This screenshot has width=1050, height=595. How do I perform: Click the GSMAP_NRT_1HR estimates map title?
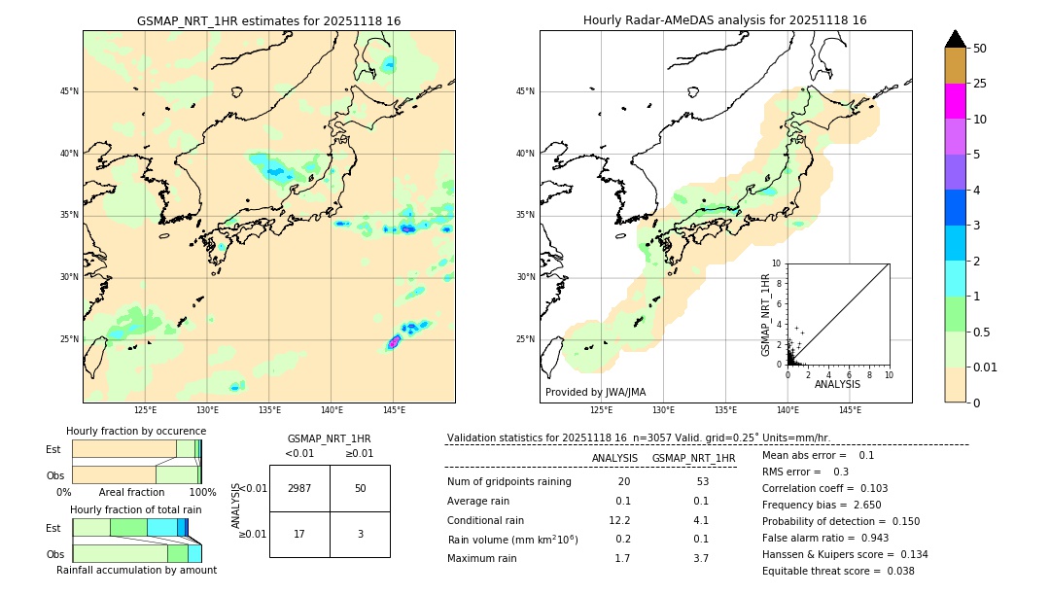(x=268, y=20)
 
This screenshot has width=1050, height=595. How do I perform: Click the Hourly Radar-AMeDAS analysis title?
(x=724, y=20)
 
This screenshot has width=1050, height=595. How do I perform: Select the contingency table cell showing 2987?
(x=299, y=488)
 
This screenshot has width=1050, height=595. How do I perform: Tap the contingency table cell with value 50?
(x=360, y=488)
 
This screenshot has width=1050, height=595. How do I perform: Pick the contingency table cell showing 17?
(x=299, y=534)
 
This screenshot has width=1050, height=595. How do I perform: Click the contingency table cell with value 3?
(x=360, y=534)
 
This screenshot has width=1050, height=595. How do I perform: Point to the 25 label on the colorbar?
(x=980, y=84)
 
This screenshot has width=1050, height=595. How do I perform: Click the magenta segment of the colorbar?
(x=955, y=101)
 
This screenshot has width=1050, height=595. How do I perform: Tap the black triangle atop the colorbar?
(x=955, y=39)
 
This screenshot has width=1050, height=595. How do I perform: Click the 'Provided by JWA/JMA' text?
(x=595, y=392)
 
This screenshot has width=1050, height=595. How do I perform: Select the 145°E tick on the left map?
(x=394, y=411)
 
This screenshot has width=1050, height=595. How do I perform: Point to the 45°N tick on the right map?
(x=525, y=91)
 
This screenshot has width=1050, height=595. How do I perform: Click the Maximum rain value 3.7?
(x=700, y=558)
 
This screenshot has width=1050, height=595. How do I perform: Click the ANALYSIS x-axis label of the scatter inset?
(x=837, y=384)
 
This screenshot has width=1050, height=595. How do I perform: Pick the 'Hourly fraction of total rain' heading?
(x=136, y=509)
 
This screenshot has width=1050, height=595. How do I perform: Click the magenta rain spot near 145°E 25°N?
(x=394, y=342)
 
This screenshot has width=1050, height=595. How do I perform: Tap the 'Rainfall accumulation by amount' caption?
(x=136, y=570)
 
